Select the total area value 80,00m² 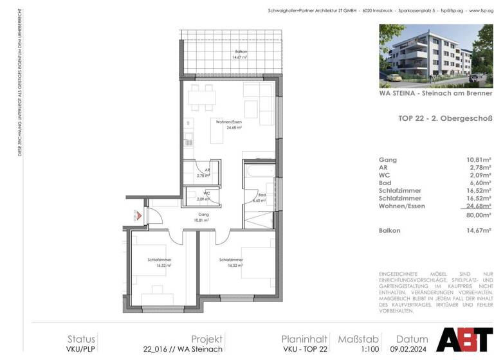coord(477,216)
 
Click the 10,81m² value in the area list coord(477,159)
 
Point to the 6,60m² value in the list coord(478,183)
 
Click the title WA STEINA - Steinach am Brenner coord(435,93)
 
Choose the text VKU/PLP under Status coord(81,349)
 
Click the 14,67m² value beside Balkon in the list coord(477,230)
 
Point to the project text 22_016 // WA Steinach coord(183,349)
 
